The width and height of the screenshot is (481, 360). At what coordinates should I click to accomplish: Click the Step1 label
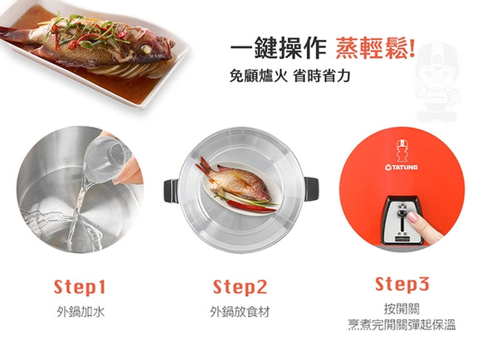coord(80,287)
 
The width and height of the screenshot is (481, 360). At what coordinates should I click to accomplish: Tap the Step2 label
coord(240,287)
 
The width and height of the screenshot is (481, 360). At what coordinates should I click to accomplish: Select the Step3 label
coord(402,284)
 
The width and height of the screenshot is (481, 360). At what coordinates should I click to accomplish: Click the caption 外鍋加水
coord(80,312)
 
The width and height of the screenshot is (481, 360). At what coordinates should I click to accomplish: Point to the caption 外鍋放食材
coord(240,312)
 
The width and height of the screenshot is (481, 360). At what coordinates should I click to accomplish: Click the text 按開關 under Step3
coord(401,309)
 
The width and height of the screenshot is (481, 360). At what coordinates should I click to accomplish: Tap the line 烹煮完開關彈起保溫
coord(401,324)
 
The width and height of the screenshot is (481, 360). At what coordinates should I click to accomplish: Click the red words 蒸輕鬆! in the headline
coord(376,48)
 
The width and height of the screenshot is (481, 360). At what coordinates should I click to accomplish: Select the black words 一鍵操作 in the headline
coord(278,48)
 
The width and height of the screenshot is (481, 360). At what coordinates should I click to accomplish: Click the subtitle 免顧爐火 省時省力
coord(290,75)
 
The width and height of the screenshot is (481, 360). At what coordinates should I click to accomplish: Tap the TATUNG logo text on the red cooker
coord(401,168)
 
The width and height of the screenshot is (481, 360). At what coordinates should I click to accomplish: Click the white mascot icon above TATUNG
coord(401,151)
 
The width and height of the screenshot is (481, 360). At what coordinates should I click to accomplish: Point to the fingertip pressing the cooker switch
coord(412,217)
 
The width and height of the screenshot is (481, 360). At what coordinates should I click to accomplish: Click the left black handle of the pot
coord(171,191)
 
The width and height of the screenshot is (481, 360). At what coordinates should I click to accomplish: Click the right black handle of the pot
coord(311,189)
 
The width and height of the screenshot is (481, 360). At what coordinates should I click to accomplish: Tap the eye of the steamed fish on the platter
coord(145,49)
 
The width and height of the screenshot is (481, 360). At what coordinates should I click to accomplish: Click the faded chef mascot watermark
coord(436,82)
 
